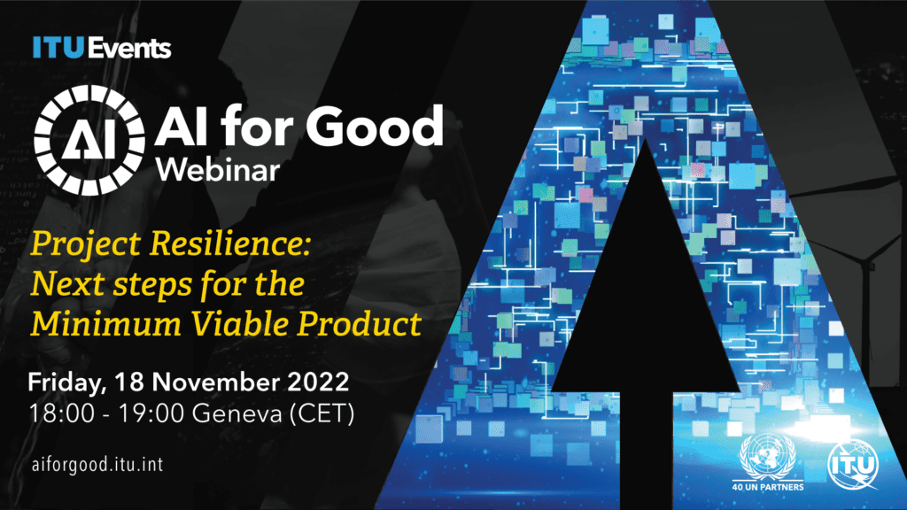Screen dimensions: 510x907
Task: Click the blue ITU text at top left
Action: pyautogui.click(x=52, y=48)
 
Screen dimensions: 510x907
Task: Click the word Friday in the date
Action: pyautogui.click(x=66, y=384)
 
